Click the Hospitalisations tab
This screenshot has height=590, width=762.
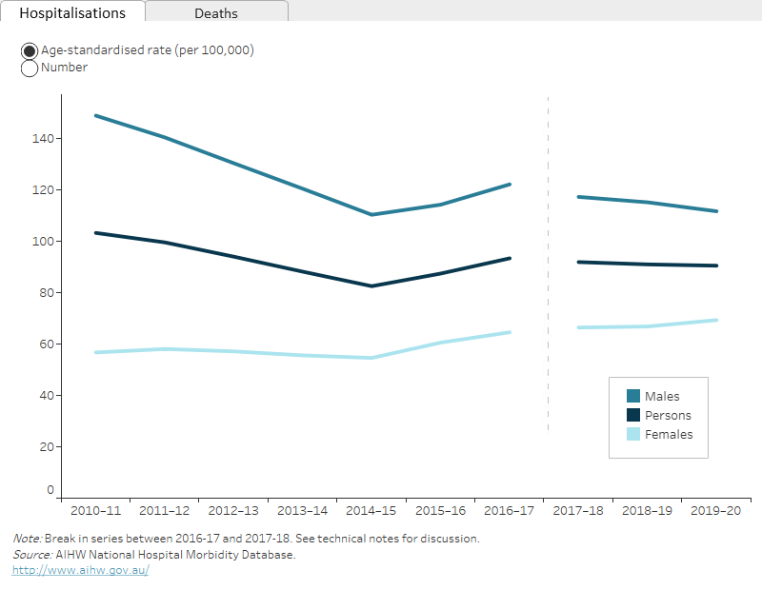tap(72, 13)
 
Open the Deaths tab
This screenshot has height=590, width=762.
tap(216, 13)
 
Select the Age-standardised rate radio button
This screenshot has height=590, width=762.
tap(30, 50)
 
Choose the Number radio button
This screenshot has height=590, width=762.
tap(30, 69)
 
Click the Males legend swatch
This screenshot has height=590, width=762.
tap(632, 396)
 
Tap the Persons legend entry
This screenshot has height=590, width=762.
tap(668, 415)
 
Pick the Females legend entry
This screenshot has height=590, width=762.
tap(668, 434)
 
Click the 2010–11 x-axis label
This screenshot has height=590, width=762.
tap(95, 510)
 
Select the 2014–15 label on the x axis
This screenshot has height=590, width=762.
tap(371, 510)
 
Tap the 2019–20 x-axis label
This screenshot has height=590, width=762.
tap(716, 510)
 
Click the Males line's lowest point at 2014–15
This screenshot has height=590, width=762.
tap(371, 214)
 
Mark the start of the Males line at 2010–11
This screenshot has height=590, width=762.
tap(96, 116)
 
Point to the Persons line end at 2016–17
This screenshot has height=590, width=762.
tap(510, 258)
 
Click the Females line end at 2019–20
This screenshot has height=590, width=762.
tap(716, 320)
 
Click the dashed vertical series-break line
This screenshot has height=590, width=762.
tap(549, 285)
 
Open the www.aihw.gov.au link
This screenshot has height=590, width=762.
tap(80, 570)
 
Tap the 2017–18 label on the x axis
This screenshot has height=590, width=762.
tap(578, 510)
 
